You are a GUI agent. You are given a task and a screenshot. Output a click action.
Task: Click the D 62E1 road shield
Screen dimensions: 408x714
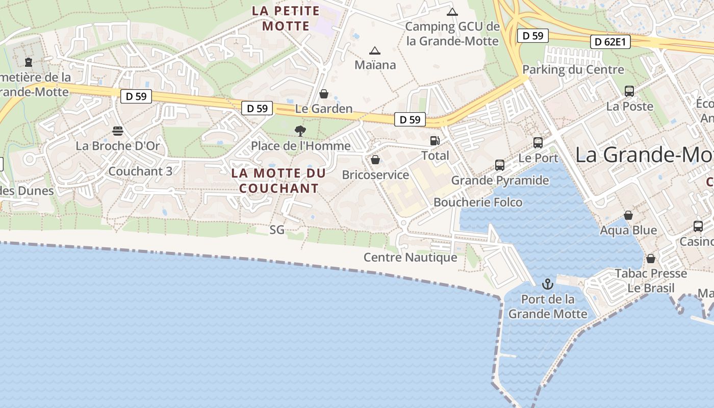pyautogui.click(x=610, y=42)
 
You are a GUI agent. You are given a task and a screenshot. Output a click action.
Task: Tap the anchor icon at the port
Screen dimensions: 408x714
pyautogui.click(x=548, y=284)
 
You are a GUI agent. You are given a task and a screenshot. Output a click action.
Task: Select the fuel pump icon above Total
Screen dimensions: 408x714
pyautogui.click(x=435, y=140)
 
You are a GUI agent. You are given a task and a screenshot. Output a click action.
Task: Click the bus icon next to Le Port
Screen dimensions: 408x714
pyautogui.click(x=538, y=143)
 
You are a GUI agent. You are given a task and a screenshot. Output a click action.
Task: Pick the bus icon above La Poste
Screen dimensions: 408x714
pyautogui.click(x=629, y=91)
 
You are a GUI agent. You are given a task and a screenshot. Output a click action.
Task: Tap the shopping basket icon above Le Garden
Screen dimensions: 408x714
pyautogui.click(x=323, y=94)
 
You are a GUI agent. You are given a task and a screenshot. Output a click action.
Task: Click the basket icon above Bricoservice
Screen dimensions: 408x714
pyautogui.click(x=375, y=160)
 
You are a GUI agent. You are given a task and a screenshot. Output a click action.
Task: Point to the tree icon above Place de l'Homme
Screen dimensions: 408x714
pyautogui.click(x=300, y=131)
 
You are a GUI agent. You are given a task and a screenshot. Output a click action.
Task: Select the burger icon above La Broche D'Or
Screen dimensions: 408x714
pyautogui.click(x=118, y=131)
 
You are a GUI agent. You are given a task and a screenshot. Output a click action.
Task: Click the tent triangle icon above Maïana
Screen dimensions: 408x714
pyautogui.click(x=375, y=50)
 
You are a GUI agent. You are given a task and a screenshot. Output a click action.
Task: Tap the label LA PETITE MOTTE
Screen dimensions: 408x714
pyautogui.click(x=286, y=18)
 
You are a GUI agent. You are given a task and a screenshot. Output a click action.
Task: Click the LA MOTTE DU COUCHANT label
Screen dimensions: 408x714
pyautogui.click(x=278, y=181)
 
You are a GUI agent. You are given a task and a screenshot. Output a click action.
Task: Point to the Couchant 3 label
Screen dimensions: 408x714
pyautogui.click(x=140, y=171)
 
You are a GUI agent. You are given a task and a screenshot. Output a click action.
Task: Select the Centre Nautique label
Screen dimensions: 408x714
pyautogui.click(x=410, y=258)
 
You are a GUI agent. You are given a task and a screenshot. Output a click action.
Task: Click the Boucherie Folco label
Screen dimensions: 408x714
pyautogui.click(x=478, y=202)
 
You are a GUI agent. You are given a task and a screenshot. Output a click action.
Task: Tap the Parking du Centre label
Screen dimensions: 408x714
pyautogui.click(x=573, y=70)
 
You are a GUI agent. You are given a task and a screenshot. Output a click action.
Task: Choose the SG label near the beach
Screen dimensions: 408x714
pyautogui.click(x=277, y=230)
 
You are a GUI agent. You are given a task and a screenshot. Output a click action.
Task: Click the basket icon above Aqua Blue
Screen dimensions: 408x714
pyautogui.click(x=628, y=215)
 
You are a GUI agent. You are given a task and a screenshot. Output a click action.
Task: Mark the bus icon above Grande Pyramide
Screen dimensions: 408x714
pyautogui.click(x=500, y=165)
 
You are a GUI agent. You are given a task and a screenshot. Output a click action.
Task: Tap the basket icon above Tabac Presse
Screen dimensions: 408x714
pyautogui.click(x=651, y=259)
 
